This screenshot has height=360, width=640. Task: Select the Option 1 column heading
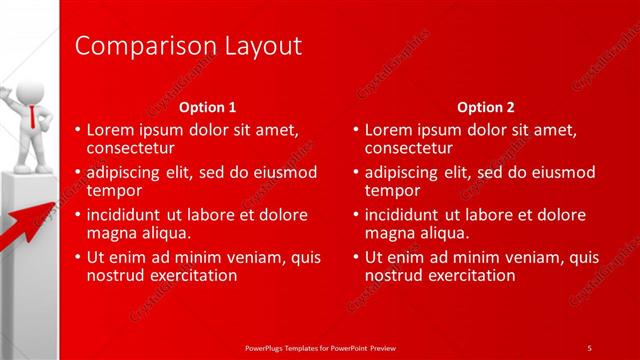[207, 107]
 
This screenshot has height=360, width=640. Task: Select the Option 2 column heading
[485, 107]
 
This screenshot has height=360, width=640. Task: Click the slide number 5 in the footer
[589, 347]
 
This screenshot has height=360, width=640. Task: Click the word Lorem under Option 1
[109, 130]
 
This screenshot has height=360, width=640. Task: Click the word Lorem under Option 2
[387, 130]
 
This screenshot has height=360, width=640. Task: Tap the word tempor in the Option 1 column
[114, 190]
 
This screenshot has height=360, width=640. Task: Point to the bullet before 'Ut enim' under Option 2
[355, 258]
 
